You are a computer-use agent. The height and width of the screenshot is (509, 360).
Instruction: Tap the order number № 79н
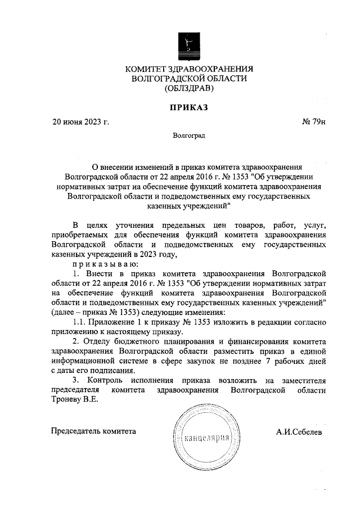tap(314, 121)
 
